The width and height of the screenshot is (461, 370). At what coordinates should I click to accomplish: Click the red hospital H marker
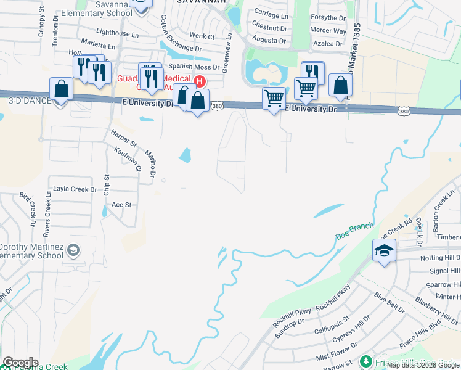click(200, 81)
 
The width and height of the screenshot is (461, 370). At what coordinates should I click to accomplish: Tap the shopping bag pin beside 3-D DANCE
click(62, 90)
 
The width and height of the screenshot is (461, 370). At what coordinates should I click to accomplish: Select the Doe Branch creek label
click(354, 231)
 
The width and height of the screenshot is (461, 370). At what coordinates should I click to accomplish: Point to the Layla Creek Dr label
click(75, 189)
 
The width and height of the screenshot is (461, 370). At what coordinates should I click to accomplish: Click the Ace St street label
click(121, 204)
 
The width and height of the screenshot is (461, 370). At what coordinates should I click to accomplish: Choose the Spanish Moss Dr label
click(194, 67)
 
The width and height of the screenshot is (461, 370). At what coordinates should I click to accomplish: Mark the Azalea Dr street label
click(327, 44)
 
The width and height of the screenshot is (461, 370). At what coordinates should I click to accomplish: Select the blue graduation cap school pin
click(384, 251)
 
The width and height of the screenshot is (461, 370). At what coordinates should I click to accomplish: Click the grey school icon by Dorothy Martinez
click(73, 250)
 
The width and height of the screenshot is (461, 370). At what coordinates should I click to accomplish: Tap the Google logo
click(20, 363)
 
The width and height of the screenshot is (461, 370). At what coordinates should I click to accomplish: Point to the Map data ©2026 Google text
click(423, 364)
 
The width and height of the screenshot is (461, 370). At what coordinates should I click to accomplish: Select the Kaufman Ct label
click(128, 159)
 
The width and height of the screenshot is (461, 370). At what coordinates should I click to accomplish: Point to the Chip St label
click(106, 186)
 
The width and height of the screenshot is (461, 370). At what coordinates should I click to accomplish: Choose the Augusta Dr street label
click(270, 41)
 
